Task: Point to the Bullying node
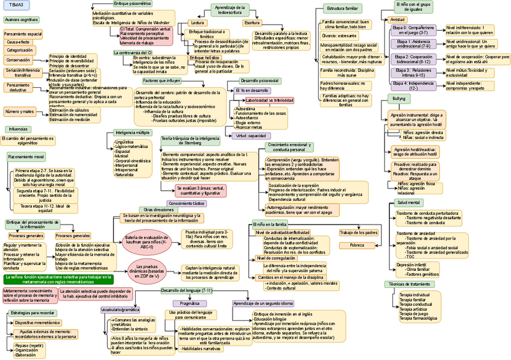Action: point(399,98)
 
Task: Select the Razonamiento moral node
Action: point(26,157)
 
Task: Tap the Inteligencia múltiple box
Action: point(133,132)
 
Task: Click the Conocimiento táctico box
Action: point(186,204)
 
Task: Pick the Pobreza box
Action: point(357,246)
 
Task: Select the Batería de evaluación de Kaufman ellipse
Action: point(147,242)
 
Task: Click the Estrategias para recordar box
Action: point(33,313)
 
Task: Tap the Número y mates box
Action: point(20,112)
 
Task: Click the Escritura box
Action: point(252,22)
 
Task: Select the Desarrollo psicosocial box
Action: point(259,81)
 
